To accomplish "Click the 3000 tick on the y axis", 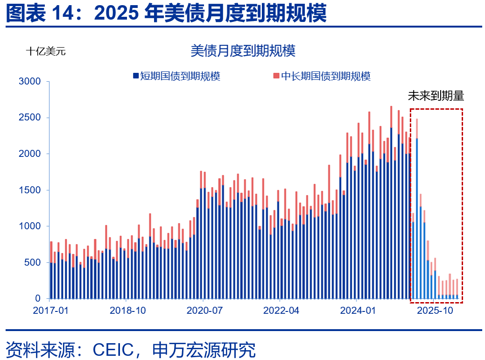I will click(30, 82).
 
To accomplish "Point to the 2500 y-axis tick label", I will click(30, 118).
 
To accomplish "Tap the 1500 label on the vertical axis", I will click(30, 190).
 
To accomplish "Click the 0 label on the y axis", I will click(39, 298).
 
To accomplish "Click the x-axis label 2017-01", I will click(51, 310).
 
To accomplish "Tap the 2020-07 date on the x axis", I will click(204, 310).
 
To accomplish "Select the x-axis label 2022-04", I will click(281, 310).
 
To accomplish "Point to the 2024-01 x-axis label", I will click(357, 310).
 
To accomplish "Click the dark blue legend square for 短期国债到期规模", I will click(135, 76).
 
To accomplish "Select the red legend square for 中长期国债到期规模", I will click(276, 76).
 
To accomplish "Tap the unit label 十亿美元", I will click(46, 51).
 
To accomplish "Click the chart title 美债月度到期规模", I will click(243, 50).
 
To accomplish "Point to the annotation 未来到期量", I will click(436, 96).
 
